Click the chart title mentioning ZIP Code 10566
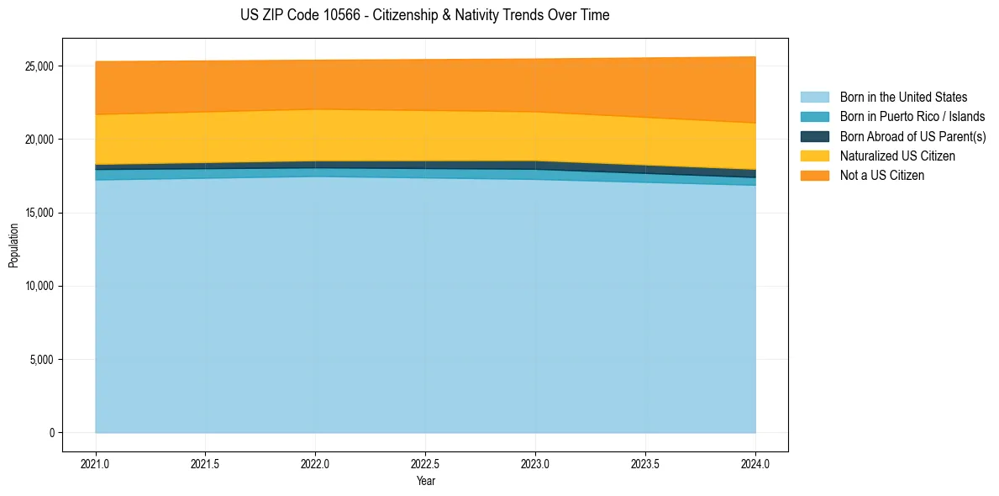point(424,15)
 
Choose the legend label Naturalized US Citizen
point(897,156)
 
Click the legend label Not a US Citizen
point(882,176)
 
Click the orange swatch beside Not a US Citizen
point(814,176)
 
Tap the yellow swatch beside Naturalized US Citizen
point(814,156)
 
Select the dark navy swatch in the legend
point(814,136)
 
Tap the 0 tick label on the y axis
point(52,433)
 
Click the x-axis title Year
point(425,481)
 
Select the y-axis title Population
point(13,245)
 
